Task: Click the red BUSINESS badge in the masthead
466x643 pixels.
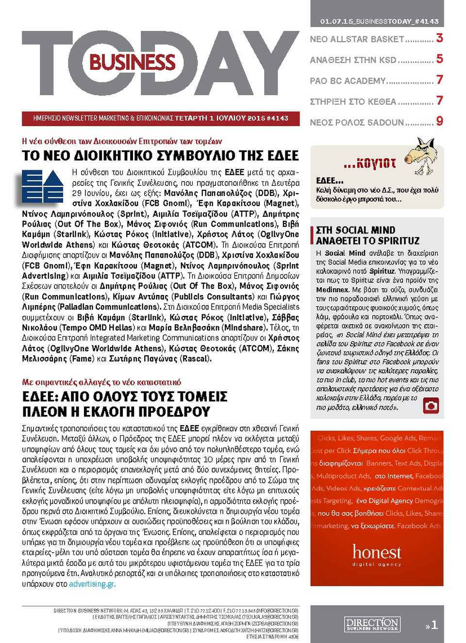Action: pos(132,62)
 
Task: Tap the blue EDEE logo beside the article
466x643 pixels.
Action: pos(43,186)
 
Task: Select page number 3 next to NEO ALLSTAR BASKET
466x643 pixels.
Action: pos(439,38)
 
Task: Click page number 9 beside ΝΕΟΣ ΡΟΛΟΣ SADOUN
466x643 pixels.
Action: pos(439,121)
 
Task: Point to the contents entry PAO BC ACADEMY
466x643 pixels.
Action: pos(348,81)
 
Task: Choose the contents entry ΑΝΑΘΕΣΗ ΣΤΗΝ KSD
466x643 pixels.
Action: pos(353,60)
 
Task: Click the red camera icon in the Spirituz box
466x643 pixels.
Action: pos(431,405)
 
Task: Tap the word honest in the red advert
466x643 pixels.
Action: pos(377,552)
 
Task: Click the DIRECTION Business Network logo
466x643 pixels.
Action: pos(372,624)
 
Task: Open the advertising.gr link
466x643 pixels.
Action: pos(92,584)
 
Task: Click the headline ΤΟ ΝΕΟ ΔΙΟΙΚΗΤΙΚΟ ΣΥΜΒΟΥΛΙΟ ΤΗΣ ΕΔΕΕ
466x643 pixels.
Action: pos(160,156)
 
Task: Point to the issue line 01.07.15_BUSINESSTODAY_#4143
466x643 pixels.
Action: pos(379,21)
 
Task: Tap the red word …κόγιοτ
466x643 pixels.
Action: pos(370,164)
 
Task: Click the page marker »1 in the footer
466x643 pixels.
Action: pos(432,625)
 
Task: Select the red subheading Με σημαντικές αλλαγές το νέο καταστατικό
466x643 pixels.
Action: pos(101,382)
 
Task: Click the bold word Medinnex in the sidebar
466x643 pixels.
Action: pos(332,290)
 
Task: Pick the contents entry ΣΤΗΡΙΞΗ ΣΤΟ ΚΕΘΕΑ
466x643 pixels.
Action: pos(353,101)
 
